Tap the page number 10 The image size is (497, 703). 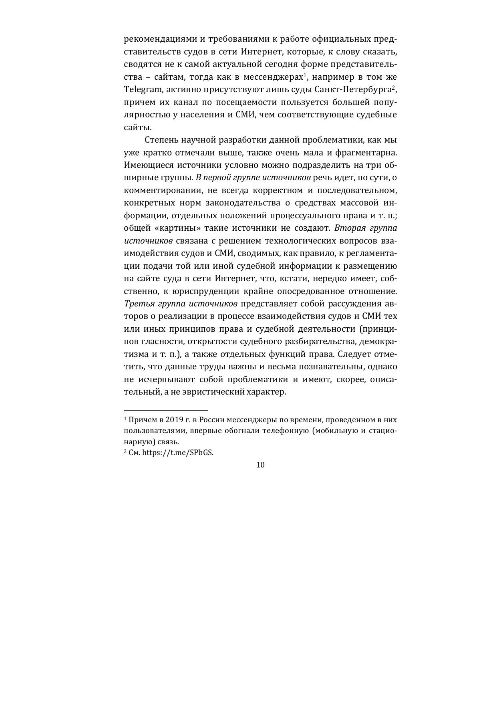click(x=260, y=465)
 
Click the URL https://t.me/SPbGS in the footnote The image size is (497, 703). click(x=177, y=453)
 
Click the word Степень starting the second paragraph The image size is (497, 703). click(x=161, y=140)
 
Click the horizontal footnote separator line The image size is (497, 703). click(x=166, y=410)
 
